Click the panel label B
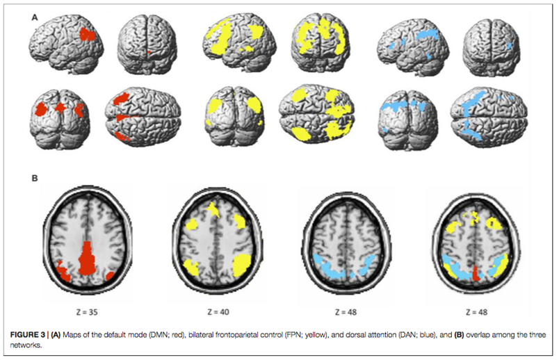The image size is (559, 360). click(x=35, y=177)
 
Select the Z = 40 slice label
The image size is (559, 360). click(x=213, y=304)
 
